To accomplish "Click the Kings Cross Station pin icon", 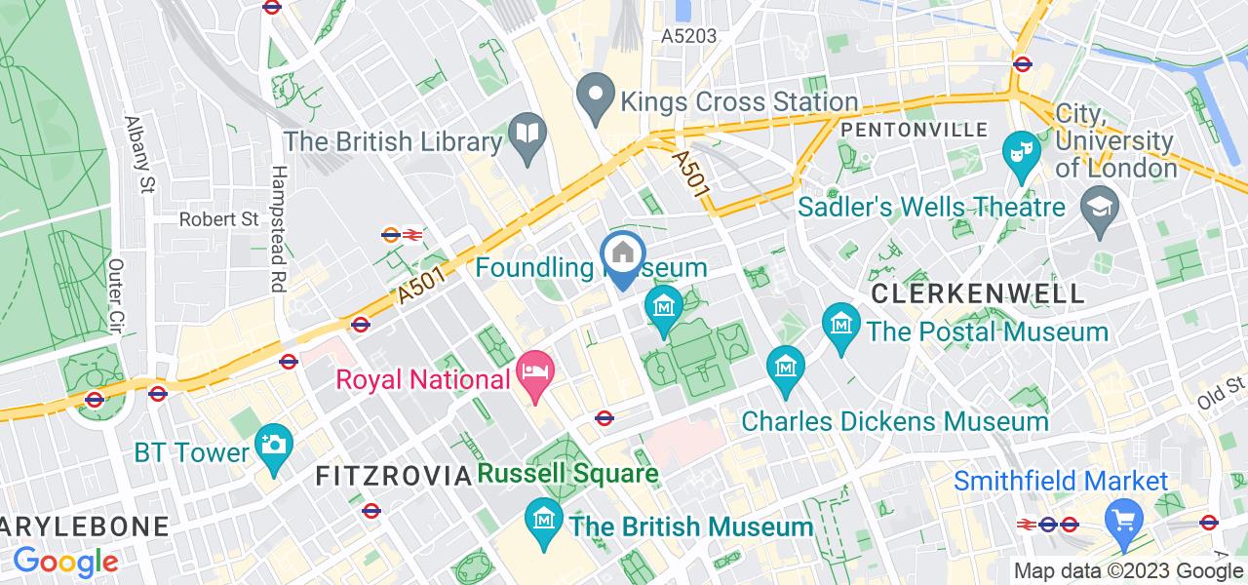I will point(592,96).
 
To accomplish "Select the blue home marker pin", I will point(624,255).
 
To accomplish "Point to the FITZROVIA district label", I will point(393,476).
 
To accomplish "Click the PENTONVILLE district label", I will point(914,130).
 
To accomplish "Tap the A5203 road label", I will point(688,36).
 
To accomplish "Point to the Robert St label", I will point(218,219).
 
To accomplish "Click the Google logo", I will point(65,562).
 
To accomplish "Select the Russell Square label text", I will point(568,475).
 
